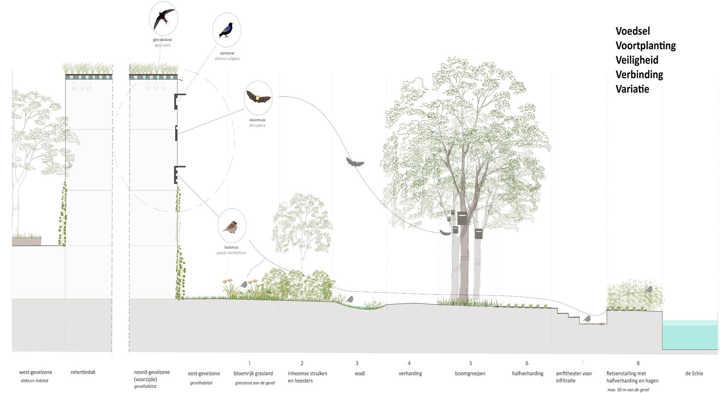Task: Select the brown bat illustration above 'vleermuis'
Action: click(258, 97)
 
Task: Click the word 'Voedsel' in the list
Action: click(633, 31)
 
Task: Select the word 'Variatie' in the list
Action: click(632, 89)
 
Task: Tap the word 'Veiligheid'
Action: click(637, 60)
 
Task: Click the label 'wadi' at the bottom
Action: click(360, 373)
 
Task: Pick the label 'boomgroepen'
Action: click(470, 373)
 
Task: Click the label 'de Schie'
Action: click(694, 373)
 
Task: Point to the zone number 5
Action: click(471, 363)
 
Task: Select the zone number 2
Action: click(302, 363)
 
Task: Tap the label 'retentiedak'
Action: click(83, 372)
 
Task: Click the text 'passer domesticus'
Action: click(231, 253)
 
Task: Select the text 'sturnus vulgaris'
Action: click(227, 58)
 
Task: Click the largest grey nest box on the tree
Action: click(462, 218)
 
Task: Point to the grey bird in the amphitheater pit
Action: click(587, 319)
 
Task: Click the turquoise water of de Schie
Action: click(690, 337)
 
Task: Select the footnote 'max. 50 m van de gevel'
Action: click(628, 390)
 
